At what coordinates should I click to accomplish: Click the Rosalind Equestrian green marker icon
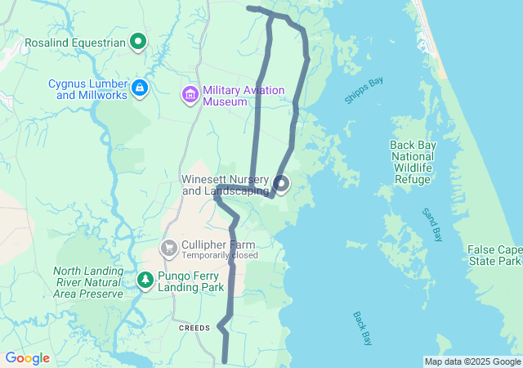138,41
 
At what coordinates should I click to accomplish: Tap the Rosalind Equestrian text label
75,42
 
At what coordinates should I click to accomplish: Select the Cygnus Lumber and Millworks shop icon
140,88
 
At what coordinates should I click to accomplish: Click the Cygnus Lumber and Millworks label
88,89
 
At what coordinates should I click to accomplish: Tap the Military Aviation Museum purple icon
190,95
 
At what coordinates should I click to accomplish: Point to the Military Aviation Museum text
237,96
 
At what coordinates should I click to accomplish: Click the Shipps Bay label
364,90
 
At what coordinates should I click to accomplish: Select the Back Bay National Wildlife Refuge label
413,162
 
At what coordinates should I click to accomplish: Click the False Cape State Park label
494,255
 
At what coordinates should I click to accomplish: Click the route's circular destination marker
281,184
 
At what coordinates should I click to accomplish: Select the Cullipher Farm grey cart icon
169,247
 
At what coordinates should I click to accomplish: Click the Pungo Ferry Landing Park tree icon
145,280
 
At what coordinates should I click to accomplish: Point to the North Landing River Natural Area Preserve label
88,282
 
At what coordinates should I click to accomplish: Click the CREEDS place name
195,326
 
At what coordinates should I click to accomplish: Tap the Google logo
27,358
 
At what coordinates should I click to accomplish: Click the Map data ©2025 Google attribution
472,361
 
